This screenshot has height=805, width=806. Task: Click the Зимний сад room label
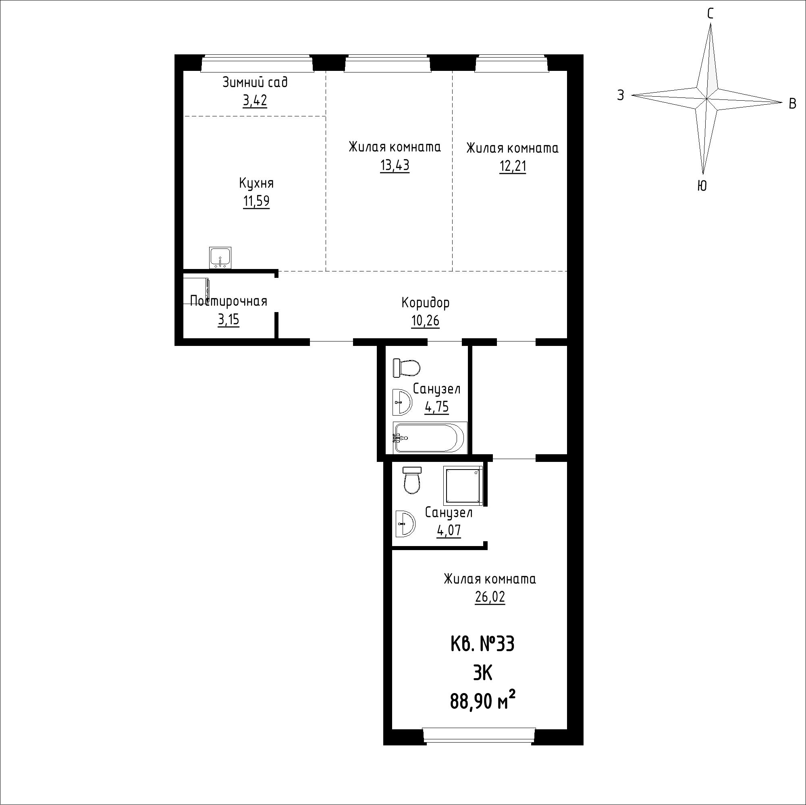pyautogui.click(x=255, y=82)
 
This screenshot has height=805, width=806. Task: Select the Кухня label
pyautogui.click(x=256, y=183)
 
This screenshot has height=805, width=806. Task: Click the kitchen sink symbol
pyautogui.click(x=220, y=258)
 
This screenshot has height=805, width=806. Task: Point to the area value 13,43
pyautogui.click(x=395, y=166)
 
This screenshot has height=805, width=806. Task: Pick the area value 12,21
pyautogui.click(x=513, y=166)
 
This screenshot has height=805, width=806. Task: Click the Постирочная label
pyautogui.click(x=228, y=301)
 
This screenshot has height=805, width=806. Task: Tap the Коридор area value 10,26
pyautogui.click(x=425, y=321)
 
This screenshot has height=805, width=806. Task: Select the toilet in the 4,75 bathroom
pyautogui.click(x=406, y=368)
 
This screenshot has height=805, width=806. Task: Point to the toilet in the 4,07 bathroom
pyautogui.click(x=412, y=481)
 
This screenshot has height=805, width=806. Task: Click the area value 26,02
pyautogui.click(x=490, y=597)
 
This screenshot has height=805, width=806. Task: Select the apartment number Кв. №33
pyautogui.click(x=482, y=644)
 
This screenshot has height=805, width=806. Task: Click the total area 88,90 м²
pyautogui.click(x=482, y=701)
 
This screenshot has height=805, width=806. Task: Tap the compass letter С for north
pyautogui.click(x=710, y=14)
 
